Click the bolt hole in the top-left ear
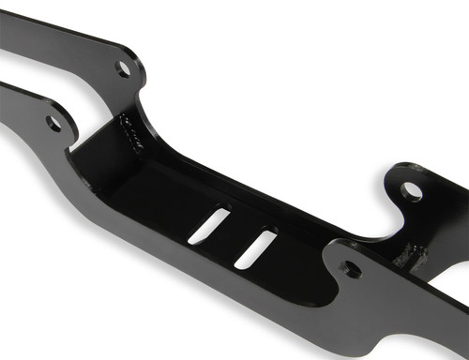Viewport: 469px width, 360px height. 124,67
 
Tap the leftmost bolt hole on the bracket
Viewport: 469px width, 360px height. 53,123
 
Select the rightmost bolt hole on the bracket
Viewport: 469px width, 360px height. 412,191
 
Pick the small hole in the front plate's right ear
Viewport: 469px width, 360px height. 351,270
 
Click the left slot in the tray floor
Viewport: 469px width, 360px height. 209,226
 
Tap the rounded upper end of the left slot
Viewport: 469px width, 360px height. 224,211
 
